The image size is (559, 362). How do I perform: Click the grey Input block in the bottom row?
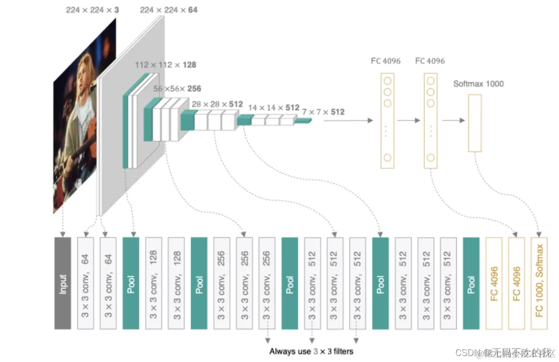63,283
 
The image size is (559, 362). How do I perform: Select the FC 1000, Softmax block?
539,283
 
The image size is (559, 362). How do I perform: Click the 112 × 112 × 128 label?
165,65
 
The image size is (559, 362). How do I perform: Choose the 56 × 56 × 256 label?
177,89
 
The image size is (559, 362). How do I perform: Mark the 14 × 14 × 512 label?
273,107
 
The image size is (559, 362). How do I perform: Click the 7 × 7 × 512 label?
324,112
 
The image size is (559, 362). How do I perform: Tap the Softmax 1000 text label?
478,84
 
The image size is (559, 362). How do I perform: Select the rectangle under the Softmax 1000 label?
474,123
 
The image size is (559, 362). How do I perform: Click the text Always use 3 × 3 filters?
311,351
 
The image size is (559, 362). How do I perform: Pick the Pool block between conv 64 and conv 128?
131,283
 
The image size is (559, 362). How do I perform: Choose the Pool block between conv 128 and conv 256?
199,283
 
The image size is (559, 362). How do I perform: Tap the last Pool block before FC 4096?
471,283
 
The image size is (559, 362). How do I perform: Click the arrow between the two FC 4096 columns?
408,120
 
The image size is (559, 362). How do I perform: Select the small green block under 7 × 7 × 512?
303,121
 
